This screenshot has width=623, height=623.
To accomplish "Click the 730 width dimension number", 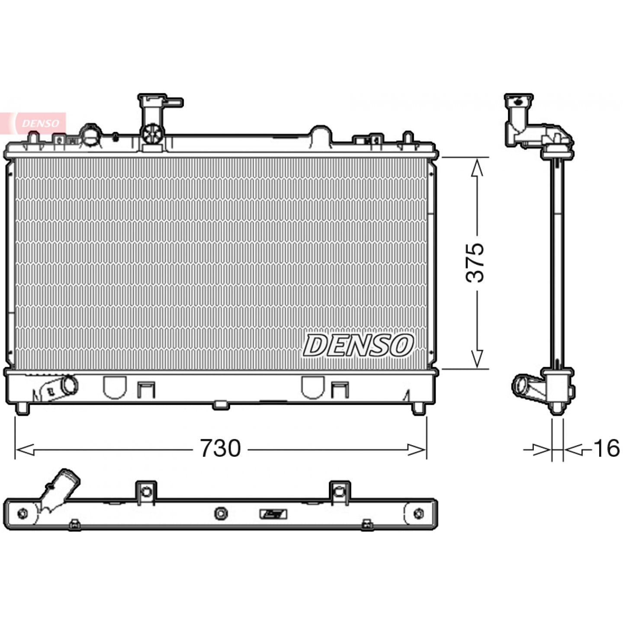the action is [221, 448].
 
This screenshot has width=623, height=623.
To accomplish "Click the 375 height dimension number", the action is [475, 263].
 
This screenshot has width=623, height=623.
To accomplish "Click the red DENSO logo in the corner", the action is [33, 123].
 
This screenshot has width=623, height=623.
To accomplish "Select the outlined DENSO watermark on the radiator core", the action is [358, 346].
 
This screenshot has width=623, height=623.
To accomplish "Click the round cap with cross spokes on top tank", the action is [152, 134].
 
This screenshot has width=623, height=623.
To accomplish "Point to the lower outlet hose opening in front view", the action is [70, 385].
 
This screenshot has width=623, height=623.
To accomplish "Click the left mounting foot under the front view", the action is [22, 408].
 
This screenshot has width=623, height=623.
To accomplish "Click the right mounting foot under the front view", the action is [418, 408].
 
